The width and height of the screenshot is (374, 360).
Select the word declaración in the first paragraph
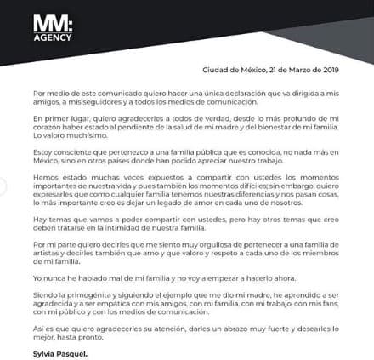pos(237,90)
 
